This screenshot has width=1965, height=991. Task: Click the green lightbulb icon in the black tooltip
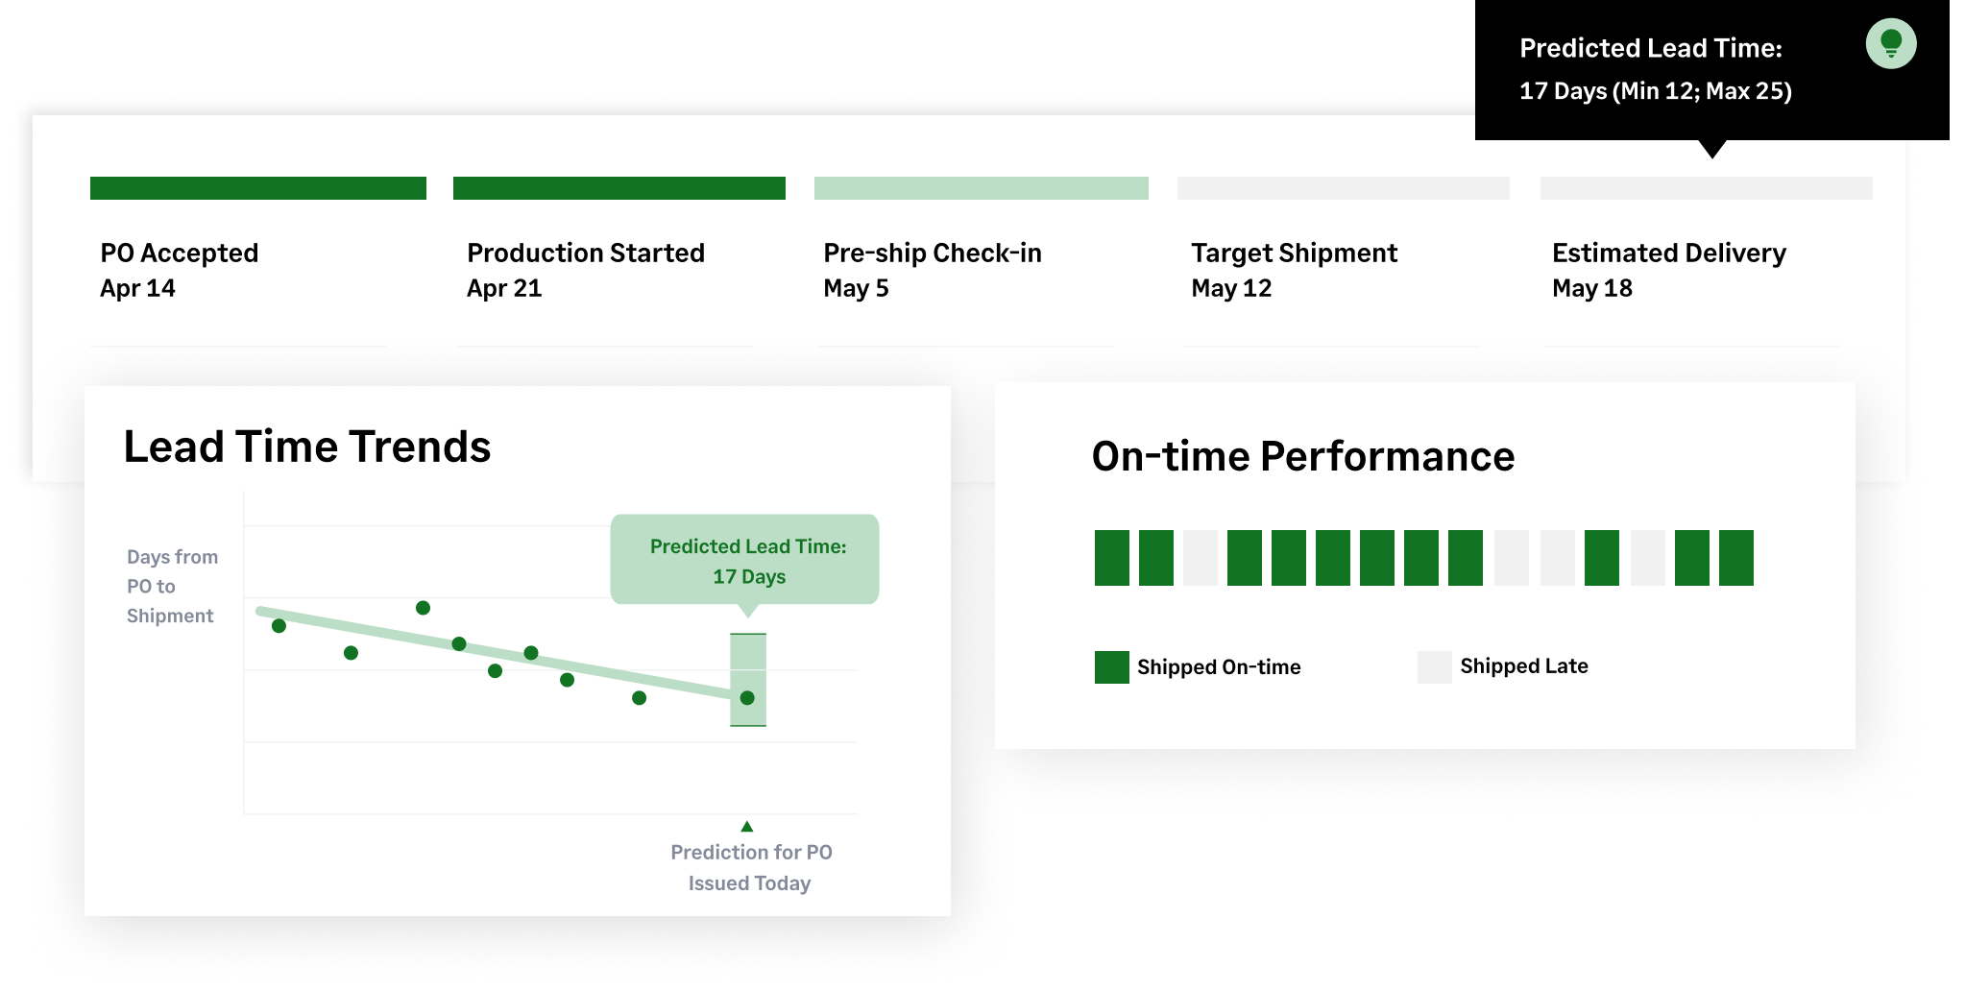(1890, 44)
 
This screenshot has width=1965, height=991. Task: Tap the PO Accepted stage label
(180, 253)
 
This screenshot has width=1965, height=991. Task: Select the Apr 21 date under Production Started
(504, 288)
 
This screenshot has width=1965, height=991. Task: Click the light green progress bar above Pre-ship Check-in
(981, 188)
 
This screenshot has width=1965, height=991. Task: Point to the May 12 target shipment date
(1231, 288)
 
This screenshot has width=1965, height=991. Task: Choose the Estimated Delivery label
(1669, 253)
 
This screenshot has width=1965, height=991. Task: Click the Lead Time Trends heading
(307, 447)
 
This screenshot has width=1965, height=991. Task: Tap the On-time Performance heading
(1303, 456)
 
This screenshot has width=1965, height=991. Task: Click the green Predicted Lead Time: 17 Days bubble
(745, 560)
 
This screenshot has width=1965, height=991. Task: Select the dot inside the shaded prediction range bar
(747, 698)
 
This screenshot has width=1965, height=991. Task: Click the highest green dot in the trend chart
(423, 608)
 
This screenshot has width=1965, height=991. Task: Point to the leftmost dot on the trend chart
(279, 626)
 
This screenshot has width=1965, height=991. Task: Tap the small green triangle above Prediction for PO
(746, 826)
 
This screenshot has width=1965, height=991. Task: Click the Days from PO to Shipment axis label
(172, 586)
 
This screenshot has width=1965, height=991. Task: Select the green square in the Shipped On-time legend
(1112, 667)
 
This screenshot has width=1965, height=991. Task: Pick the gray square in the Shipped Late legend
(1435, 667)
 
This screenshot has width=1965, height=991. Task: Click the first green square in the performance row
(1112, 558)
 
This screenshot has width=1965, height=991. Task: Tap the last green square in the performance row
(1736, 558)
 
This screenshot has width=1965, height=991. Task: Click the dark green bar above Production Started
(619, 188)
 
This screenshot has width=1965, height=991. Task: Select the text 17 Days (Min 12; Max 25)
(1656, 91)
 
